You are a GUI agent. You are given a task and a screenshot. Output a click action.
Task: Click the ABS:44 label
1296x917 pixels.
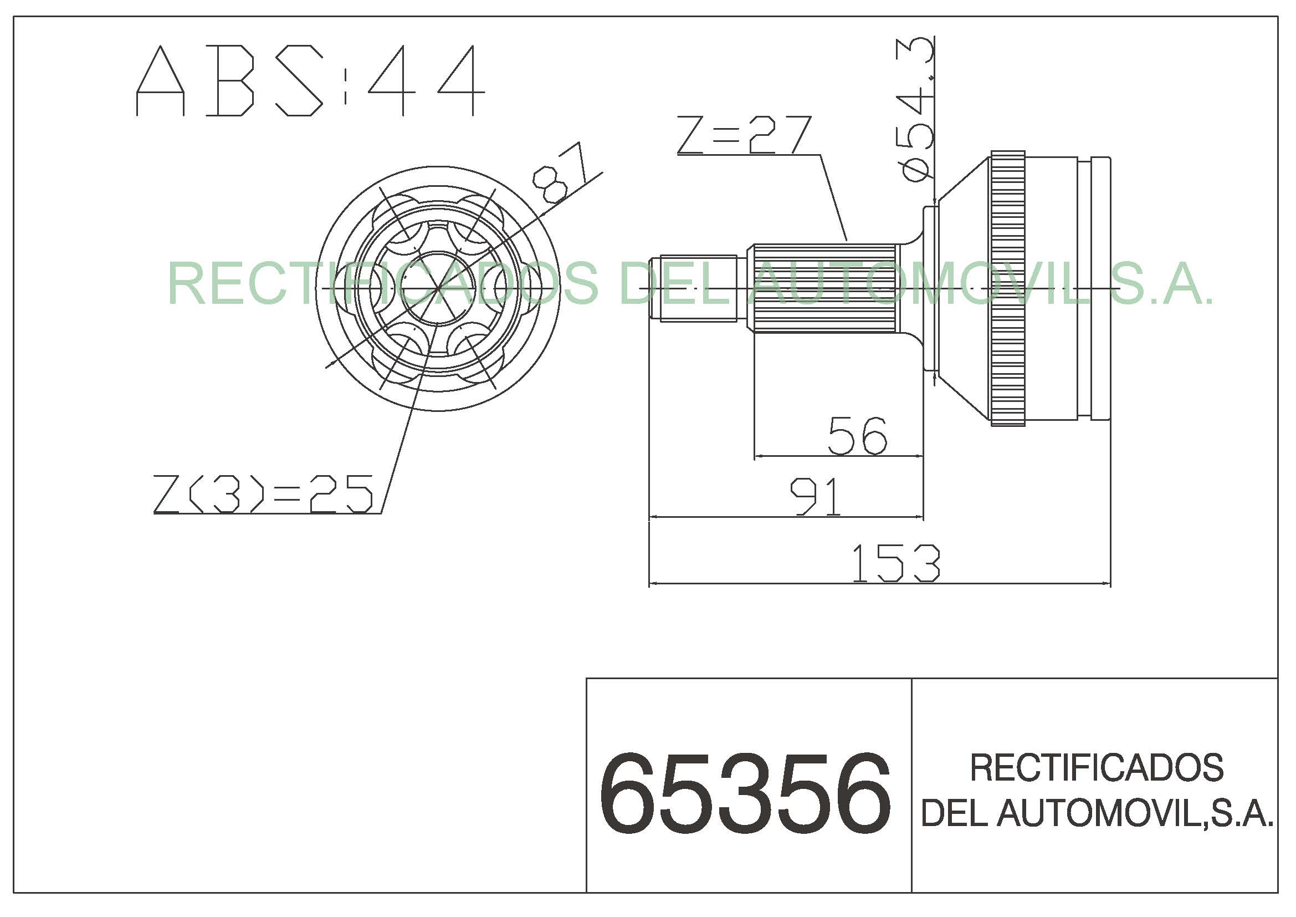point(310,81)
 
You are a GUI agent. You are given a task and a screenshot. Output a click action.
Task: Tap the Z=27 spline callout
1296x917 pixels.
point(744,135)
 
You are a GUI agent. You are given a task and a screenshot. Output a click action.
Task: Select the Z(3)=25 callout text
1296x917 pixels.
point(264,493)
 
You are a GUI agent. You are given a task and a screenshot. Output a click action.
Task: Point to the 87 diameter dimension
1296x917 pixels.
point(560,173)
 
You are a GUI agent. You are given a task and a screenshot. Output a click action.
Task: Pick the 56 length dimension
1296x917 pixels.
point(857,436)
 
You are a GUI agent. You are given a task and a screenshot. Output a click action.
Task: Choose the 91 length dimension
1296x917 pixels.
point(815,496)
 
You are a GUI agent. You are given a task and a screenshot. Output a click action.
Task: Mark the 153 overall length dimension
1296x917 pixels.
point(895,563)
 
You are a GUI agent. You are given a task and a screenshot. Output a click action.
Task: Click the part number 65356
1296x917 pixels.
point(745,794)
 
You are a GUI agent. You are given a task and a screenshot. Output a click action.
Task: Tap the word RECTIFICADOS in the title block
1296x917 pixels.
point(1097,768)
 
